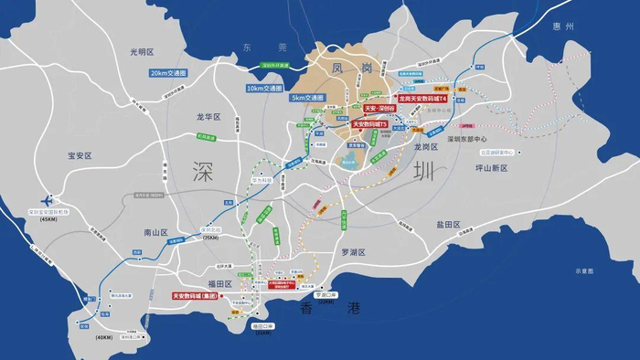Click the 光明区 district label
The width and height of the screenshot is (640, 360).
tap(143, 52)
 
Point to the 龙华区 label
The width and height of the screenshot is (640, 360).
tap(209, 117)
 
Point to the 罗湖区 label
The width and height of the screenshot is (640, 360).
tap(353, 251)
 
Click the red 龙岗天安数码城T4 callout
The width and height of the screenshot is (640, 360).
tap(422, 98)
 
